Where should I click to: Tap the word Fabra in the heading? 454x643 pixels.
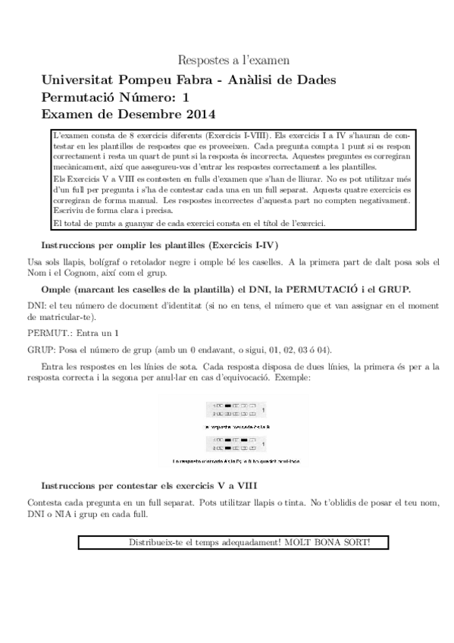click(x=196, y=80)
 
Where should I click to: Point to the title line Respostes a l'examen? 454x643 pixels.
click(x=233, y=59)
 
